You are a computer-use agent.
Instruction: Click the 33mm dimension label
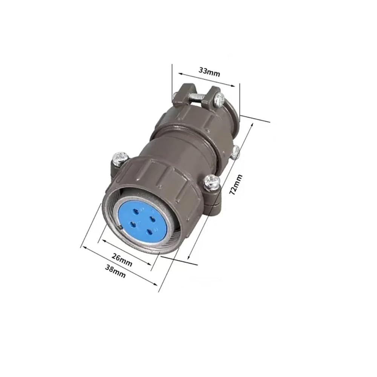[209, 72]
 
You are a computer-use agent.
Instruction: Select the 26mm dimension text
[122, 260]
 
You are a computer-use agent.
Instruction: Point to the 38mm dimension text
[115, 271]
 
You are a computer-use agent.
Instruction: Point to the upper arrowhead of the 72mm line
[252, 125]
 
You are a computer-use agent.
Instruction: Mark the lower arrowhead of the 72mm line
[189, 257]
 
